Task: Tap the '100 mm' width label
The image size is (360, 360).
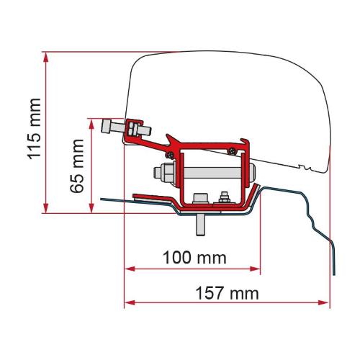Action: point(192,257)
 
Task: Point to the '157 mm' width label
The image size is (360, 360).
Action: point(227,294)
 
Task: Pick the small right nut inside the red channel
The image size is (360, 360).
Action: point(224,197)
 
